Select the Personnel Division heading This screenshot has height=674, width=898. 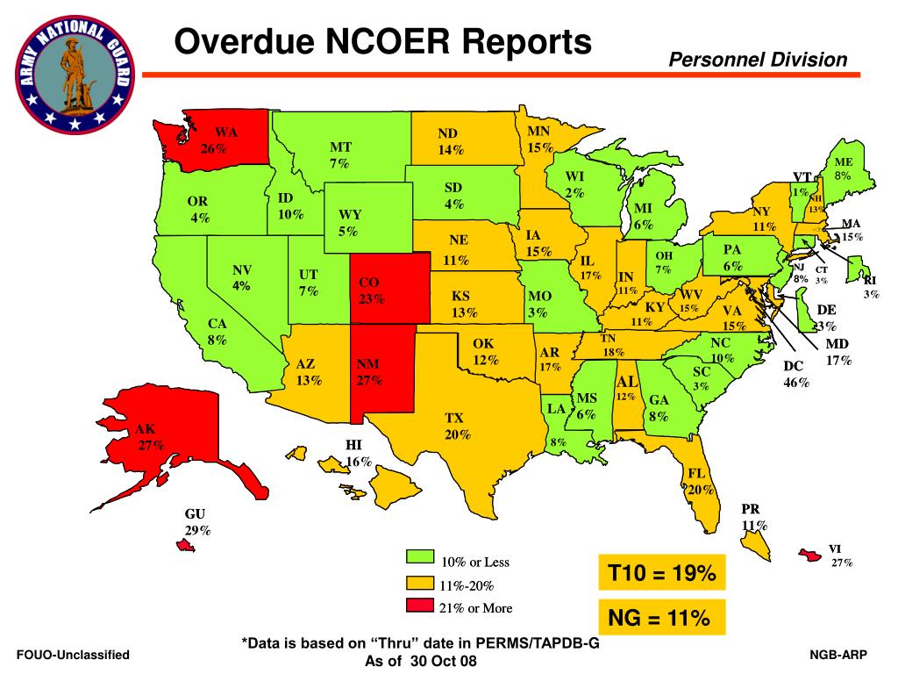point(758,60)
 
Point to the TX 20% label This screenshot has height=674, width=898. point(454,426)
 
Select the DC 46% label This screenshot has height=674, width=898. point(795,374)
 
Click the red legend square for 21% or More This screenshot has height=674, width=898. point(418,606)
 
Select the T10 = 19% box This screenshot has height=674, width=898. point(662,574)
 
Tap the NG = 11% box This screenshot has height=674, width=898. point(662,619)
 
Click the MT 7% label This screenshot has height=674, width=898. point(339,154)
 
